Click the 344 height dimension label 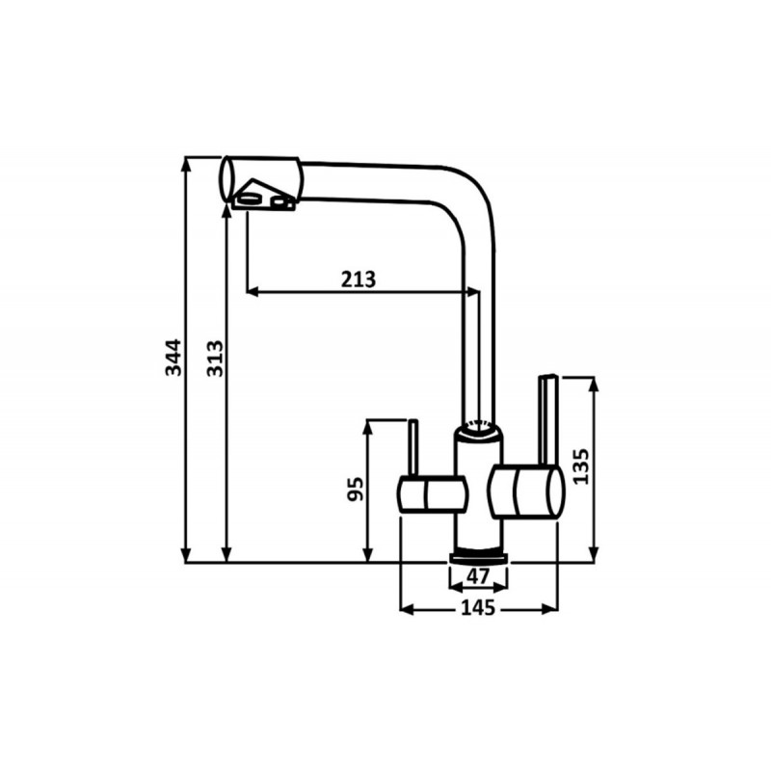(173, 358)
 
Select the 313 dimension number (215, 359)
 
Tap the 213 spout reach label (359, 279)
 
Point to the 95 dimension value (356, 490)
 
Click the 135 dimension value (581, 466)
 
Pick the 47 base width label (478, 575)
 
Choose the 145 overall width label (478, 608)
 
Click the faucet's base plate (479, 557)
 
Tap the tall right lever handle (547, 420)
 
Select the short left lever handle (413, 447)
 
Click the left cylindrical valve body (432, 494)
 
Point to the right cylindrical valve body (526, 492)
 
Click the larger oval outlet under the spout (250, 199)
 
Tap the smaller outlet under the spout (279, 201)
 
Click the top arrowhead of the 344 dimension (186, 164)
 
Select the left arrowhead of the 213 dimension (253, 292)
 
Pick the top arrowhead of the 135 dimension (594, 384)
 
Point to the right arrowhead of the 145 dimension (550, 609)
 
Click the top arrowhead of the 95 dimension (367, 427)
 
